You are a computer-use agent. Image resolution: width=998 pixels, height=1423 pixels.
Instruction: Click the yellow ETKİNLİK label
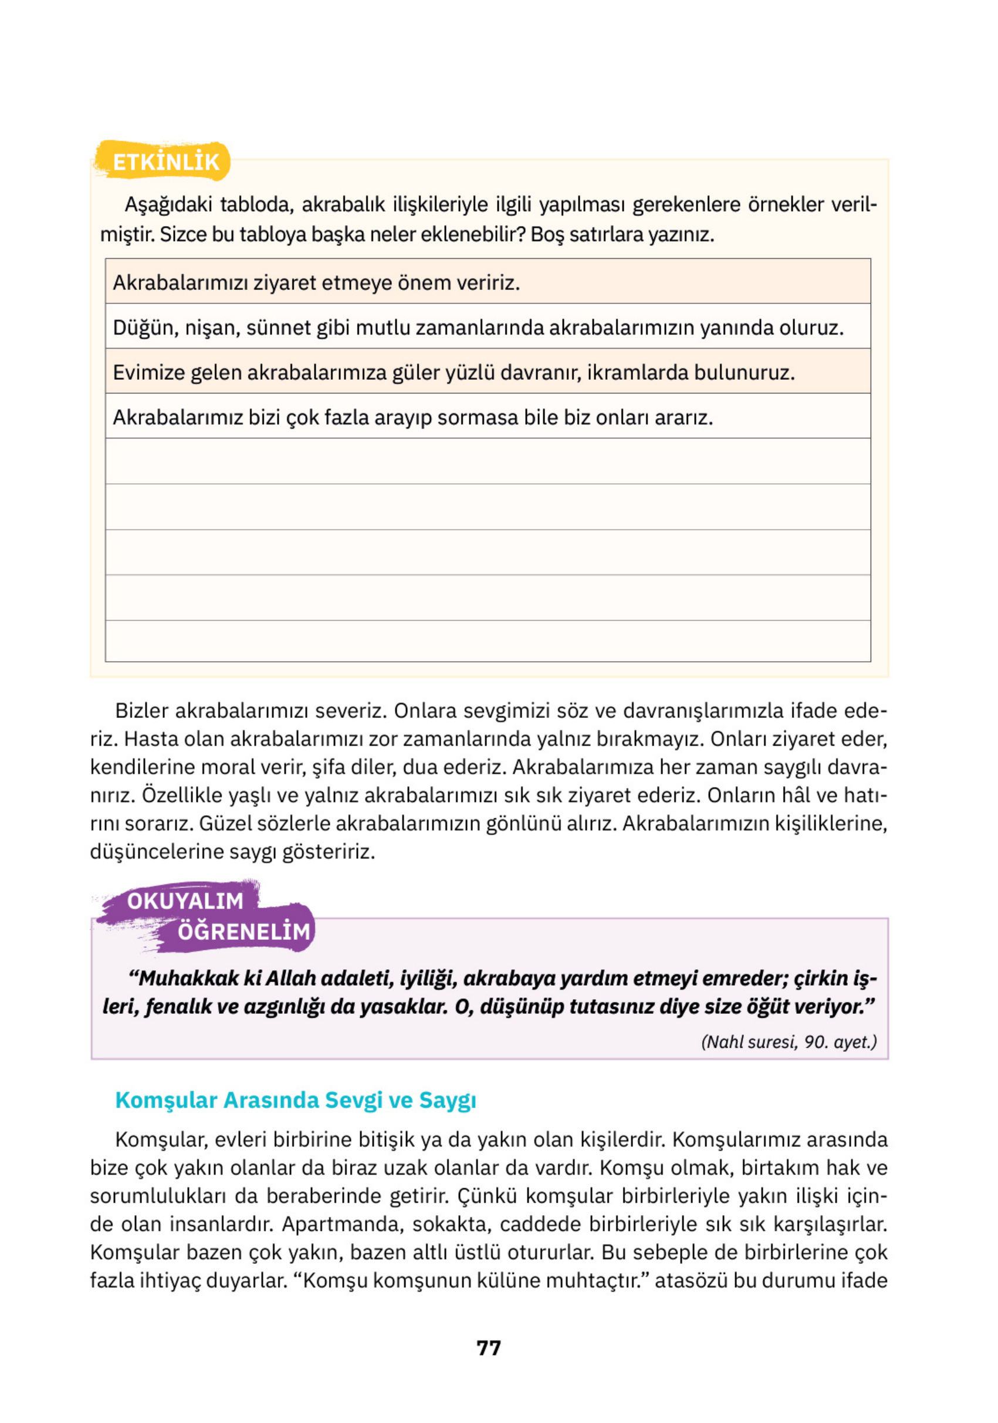pyautogui.click(x=165, y=162)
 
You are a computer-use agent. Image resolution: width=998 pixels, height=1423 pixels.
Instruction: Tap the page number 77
pyautogui.click(x=489, y=1347)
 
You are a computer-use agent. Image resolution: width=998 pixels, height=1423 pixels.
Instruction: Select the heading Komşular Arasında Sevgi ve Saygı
pyautogui.click(x=296, y=1100)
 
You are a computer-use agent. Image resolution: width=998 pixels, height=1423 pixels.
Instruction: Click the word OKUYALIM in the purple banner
pyautogui.click(x=185, y=901)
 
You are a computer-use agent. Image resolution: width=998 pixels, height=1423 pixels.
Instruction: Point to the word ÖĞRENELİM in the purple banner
pyautogui.click(x=243, y=932)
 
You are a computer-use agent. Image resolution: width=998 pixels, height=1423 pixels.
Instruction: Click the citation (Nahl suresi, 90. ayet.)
pyautogui.click(x=789, y=1042)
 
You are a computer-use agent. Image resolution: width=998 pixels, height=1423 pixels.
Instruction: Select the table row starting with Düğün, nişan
pyautogui.click(x=478, y=327)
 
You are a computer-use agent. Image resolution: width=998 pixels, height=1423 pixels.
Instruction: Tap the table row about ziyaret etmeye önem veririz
pyautogui.click(x=316, y=282)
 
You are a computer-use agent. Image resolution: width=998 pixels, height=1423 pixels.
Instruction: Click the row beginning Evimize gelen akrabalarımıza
pyautogui.click(x=453, y=373)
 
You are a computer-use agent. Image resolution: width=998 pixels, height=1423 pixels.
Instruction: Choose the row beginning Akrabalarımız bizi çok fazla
pyautogui.click(x=412, y=418)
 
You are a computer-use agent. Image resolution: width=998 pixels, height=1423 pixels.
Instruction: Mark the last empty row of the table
pyautogui.click(x=488, y=641)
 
